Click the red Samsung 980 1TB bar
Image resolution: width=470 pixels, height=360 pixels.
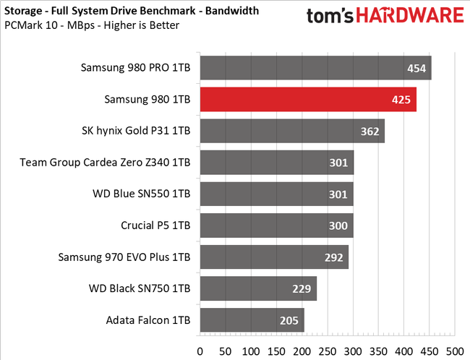[307, 100]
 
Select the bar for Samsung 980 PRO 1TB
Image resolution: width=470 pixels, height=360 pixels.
[315, 69]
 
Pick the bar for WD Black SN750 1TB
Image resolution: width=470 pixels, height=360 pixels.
[257, 288]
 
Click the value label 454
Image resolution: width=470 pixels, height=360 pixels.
[416, 69]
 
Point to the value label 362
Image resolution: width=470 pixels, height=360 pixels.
[369, 132]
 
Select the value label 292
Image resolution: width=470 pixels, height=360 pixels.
[333, 257]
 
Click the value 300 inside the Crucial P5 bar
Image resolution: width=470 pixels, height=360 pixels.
[338, 226]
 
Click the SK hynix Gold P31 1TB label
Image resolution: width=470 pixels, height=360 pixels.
[137, 132]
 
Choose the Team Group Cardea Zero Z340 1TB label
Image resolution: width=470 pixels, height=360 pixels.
[106, 163]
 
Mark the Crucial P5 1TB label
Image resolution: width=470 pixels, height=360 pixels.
[155, 226]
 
